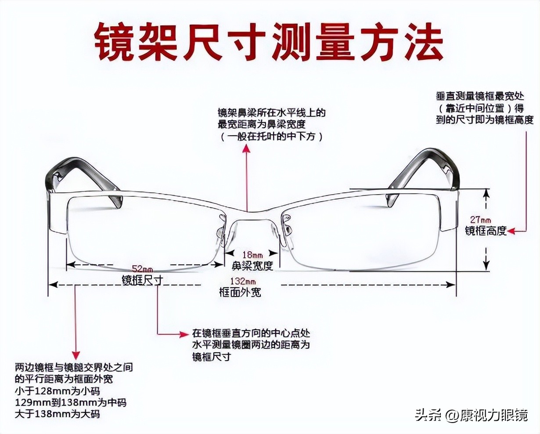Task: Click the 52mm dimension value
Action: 144,269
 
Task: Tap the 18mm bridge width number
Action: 252,255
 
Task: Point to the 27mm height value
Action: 480,219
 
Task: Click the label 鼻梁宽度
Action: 252,266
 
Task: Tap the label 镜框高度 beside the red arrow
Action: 486,230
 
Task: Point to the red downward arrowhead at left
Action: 76,354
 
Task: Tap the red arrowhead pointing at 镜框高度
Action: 512,230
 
